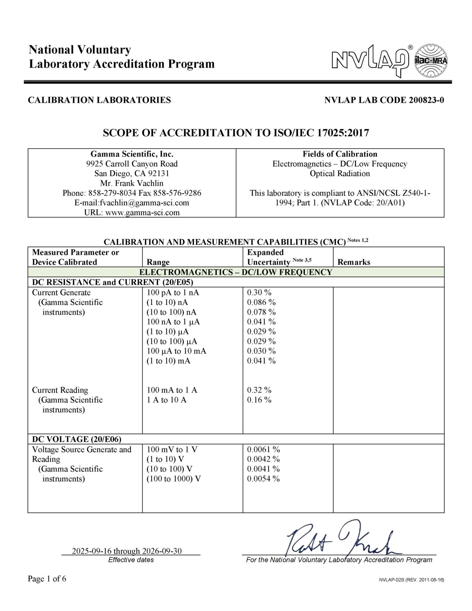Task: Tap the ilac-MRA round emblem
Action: coord(431,61)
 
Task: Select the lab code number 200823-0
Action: coord(426,100)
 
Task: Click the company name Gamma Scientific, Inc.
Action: coord(132,154)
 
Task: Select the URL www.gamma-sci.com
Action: coord(142,212)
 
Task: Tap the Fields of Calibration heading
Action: coord(340,154)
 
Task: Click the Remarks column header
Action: coord(354,262)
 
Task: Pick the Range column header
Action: coord(158,262)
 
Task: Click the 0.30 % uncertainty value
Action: coord(259,293)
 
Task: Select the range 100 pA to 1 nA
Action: coord(173,293)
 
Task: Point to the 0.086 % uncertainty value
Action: coord(261,302)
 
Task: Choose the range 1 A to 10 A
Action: coord(167,400)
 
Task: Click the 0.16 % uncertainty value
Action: coord(259,400)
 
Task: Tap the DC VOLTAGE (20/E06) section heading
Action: coord(77,440)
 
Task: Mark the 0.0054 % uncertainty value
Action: coord(263,479)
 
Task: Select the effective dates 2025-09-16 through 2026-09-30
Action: coord(127,551)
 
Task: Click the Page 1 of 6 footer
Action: coord(47,579)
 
